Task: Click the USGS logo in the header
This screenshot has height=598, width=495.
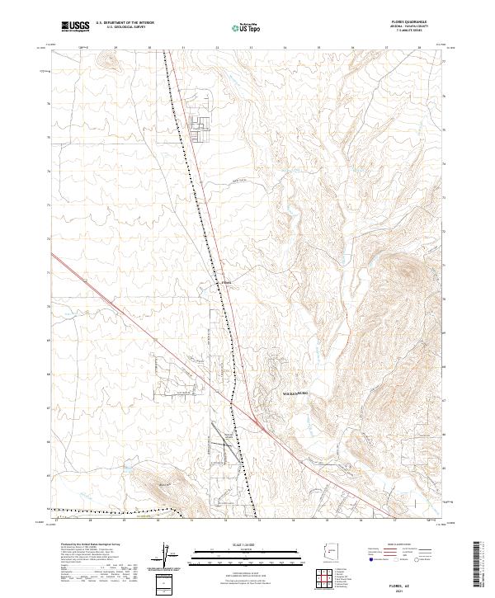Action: tap(75, 26)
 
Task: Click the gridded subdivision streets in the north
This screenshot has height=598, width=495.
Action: tap(200, 124)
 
